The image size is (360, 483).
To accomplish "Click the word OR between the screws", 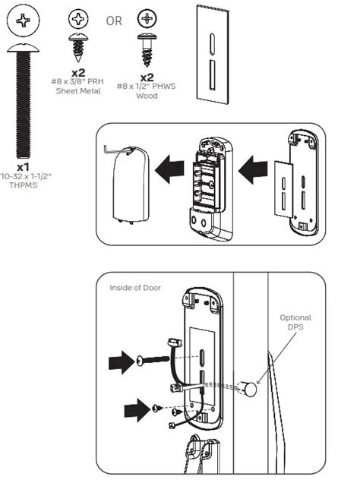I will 114,21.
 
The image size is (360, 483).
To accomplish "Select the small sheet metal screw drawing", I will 77,42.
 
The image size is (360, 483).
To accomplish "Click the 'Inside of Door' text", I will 135,287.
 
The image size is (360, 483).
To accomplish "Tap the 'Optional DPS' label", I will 295,323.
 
